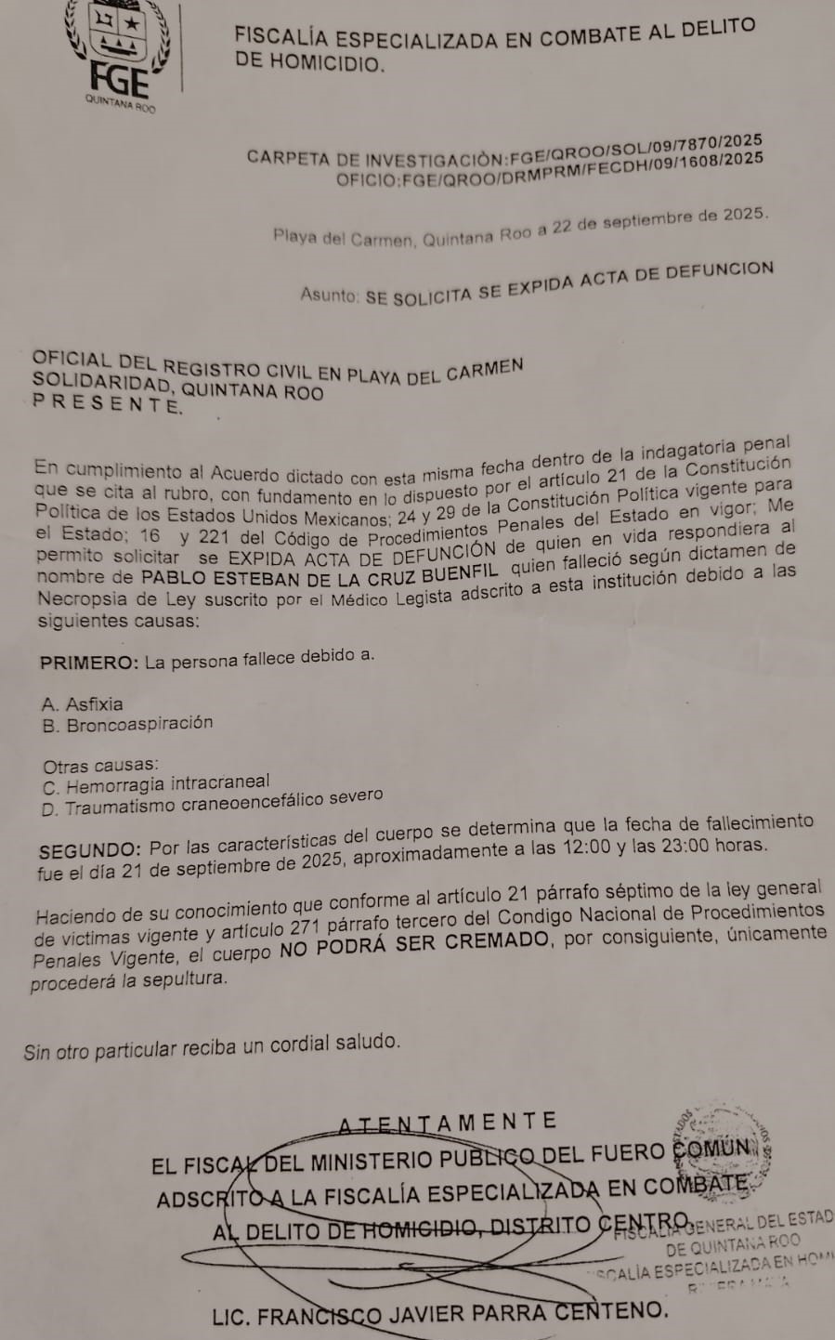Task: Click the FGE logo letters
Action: [x=120, y=79]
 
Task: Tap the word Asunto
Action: [x=329, y=295]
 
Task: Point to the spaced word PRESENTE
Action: [x=107, y=403]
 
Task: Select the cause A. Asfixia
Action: [x=83, y=704]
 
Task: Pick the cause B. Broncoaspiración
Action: [x=127, y=725]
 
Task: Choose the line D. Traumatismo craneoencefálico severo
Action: [x=212, y=803]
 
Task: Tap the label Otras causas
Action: [x=100, y=766]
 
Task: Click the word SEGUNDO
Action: [x=90, y=850]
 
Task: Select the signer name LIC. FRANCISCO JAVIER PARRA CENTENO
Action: [x=439, y=1313]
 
